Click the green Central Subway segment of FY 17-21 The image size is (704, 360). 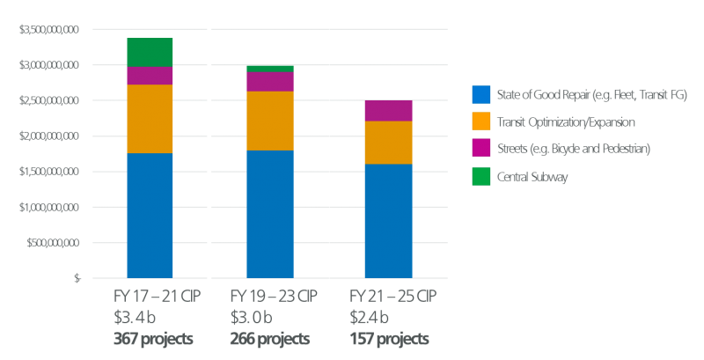click(150, 52)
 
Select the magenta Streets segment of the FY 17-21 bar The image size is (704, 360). click(150, 76)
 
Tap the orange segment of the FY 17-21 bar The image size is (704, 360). click(150, 119)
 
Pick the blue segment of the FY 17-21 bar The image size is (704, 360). click(150, 216)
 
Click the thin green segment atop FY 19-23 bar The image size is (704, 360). click(269, 68)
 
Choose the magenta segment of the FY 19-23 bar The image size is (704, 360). click(269, 82)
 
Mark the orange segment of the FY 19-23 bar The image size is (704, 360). click(269, 121)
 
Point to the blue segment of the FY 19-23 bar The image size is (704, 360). click(269, 215)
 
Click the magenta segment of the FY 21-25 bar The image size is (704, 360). click(388, 111)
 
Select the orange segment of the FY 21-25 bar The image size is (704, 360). click(388, 143)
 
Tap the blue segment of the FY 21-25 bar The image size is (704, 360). click(388, 221)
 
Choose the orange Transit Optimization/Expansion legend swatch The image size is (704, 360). click(480, 122)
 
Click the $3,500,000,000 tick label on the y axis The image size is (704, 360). click(49, 30)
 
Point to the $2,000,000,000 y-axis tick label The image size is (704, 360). click(49, 136)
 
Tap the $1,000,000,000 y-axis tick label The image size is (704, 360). click(49, 208)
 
